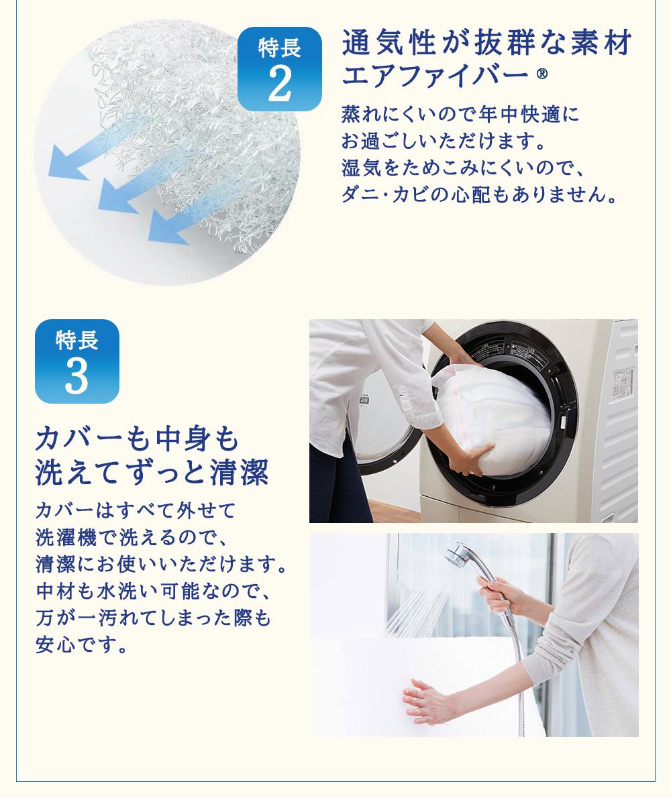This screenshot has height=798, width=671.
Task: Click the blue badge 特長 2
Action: [280, 68]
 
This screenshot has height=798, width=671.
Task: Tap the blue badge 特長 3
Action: [77, 361]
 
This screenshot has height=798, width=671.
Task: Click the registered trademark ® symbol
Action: [541, 75]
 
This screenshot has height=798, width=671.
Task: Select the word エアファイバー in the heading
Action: [435, 75]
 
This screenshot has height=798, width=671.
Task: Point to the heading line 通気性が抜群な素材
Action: [486, 42]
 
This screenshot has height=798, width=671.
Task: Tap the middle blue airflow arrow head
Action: [116, 196]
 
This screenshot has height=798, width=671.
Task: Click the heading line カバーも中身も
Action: [138, 439]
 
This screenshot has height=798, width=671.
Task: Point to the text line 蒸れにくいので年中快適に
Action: [460, 114]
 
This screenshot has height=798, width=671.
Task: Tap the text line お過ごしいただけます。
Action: [444, 140]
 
